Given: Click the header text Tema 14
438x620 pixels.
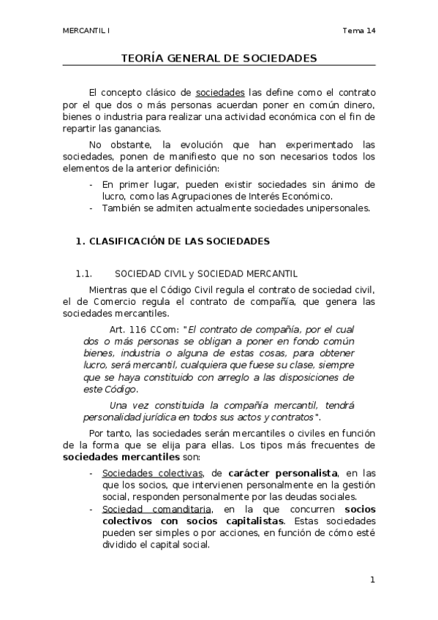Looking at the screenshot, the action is coord(358,31).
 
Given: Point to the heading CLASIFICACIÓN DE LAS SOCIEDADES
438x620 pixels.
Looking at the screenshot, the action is coord(179,241).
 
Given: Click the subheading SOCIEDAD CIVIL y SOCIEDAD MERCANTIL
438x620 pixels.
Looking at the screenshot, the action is coord(207,274).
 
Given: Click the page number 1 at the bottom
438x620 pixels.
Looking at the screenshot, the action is coord(372,580).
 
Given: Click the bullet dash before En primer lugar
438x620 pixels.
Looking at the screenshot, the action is coord(91,185).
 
